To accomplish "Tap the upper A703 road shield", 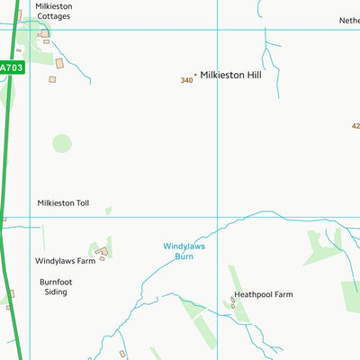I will [11, 67].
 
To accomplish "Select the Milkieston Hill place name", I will [230, 76].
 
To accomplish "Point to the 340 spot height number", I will [186, 80].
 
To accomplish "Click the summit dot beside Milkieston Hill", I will [195, 76].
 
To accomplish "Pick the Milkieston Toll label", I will [63, 203].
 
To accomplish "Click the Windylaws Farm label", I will [65, 261].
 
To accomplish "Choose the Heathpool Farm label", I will [263, 294].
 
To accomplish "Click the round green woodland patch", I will [61, 142].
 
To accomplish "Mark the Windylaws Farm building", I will [102, 251].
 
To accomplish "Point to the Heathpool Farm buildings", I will [234, 304].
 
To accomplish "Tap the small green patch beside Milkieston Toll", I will [108, 211].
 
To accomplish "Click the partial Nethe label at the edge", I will [348, 20].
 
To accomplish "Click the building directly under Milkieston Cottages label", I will [43, 33].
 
